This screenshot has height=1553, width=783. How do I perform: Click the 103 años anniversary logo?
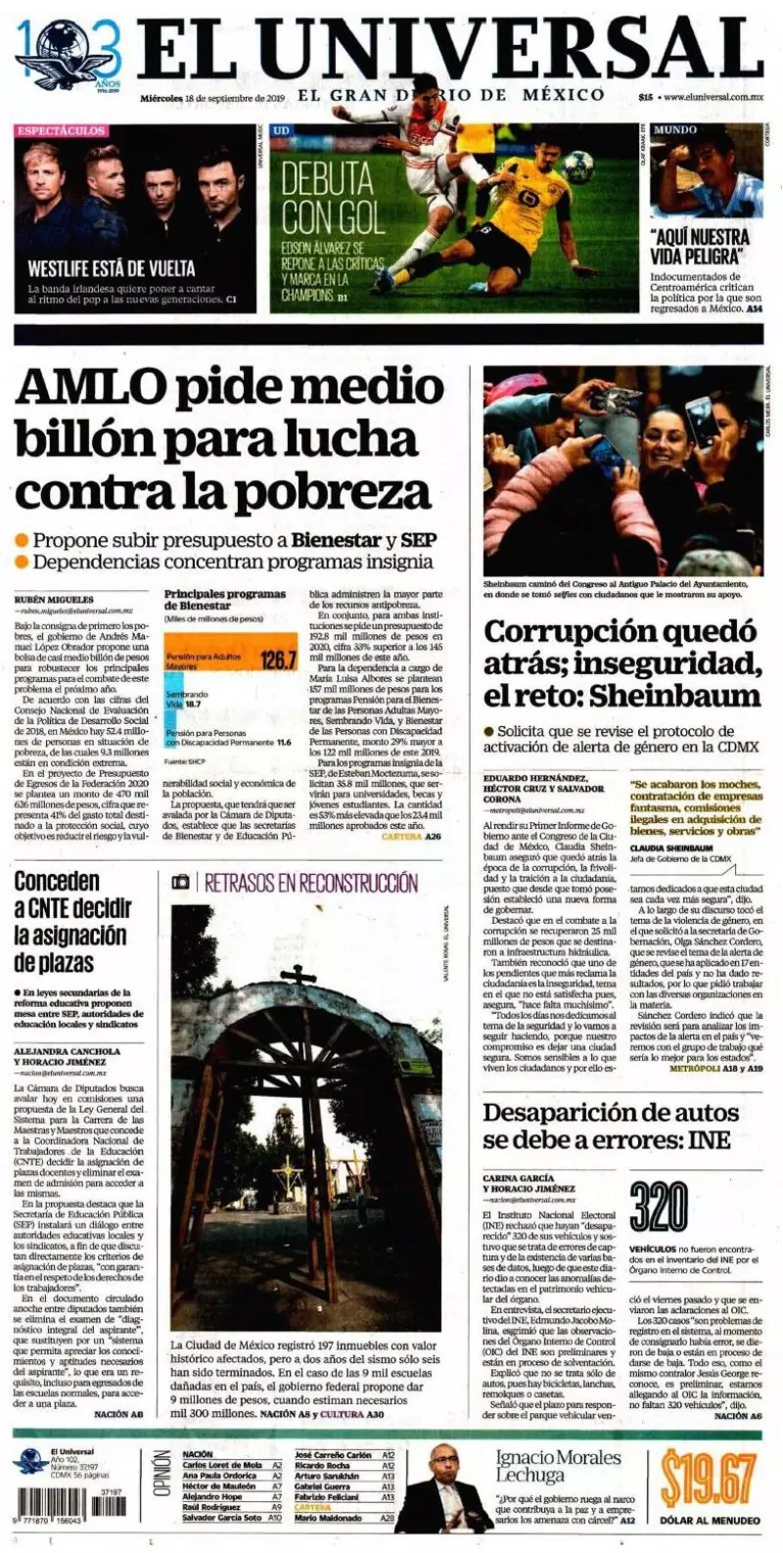(68, 54)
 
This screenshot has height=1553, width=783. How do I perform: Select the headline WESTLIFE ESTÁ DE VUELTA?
(111, 267)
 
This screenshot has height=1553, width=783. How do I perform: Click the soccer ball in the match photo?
(577, 166)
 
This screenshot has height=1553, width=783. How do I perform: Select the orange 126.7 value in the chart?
(278, 661)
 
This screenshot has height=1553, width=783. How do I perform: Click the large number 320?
(659, 1210)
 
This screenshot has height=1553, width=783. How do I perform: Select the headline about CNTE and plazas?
(70, 921)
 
